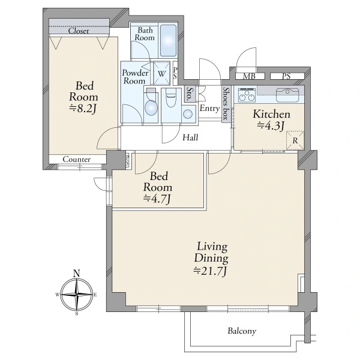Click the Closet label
(78, 31)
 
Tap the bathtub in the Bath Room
(168, 41)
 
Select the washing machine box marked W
(162, 73)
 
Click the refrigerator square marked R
(295, 140)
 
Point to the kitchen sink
(287, 95)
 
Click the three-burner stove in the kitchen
(247, 95)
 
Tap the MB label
(250, 76)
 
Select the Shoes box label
(226, 103)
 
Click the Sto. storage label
(190, 94)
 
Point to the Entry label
(209, 109)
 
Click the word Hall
(190, 137)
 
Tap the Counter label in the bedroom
(76, 159)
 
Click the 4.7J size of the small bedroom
(157, 199)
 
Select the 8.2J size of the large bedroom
(83, 109)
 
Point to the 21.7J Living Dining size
(211, 271)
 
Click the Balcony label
(242, 331)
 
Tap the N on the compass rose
(76, 274)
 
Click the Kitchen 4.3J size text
(271, 125)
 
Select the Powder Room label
(135, 77)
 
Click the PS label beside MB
(286, 76)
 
